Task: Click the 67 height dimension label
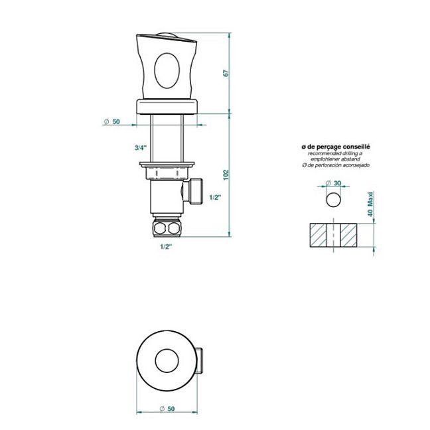tap(226, 73)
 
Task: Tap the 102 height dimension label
tap(226, 175)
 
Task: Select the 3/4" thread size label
tap(141, 148)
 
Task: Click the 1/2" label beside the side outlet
tap(215, 197)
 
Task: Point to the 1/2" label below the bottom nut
tap(166, 247)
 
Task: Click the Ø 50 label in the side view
tap(112, 121)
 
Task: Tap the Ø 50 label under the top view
tap(167, 409)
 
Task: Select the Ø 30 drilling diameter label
tap(333, 183)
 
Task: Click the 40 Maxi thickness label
tap(370, 204)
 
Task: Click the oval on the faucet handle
tap(167, 71)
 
